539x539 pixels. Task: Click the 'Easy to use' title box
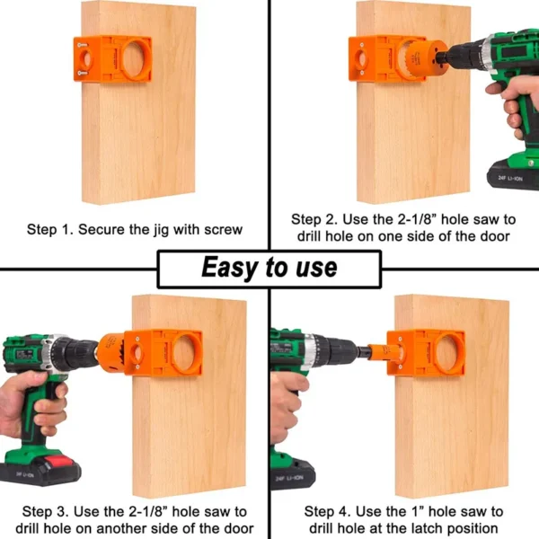(269, 269)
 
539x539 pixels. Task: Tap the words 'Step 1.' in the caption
(50, 229)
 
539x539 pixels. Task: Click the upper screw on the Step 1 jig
(83, 45)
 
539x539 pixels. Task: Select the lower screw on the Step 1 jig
(83, 73)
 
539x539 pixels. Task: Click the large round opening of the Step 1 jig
(136, 58)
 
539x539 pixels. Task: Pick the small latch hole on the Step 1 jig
(86, 58)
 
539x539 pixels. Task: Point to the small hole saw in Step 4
(382, 352)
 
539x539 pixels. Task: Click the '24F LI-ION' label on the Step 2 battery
(511, 179)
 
